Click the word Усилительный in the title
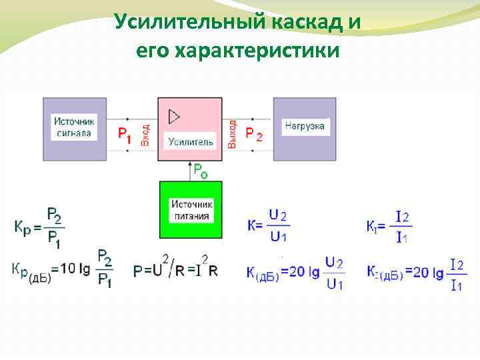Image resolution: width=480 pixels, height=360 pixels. (x=189, y=22)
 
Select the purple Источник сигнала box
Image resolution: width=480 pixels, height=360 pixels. (x=74, y=129)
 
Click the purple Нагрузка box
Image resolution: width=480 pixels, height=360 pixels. (x=304, y=129)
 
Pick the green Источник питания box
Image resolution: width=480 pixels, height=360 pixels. (x=191, y=209)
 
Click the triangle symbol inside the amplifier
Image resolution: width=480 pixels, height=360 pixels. (x=174, y=117)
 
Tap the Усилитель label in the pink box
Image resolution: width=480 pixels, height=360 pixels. (x=191, y=141)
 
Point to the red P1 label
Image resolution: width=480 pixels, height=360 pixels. (x=124, y=134)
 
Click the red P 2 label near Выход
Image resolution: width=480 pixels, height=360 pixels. (x=254, y=134)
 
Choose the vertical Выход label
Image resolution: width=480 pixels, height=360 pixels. (x=232, y=134)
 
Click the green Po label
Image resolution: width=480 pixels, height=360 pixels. (x=201, y=171)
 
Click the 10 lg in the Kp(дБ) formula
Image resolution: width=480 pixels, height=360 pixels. (x=75, y=269)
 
